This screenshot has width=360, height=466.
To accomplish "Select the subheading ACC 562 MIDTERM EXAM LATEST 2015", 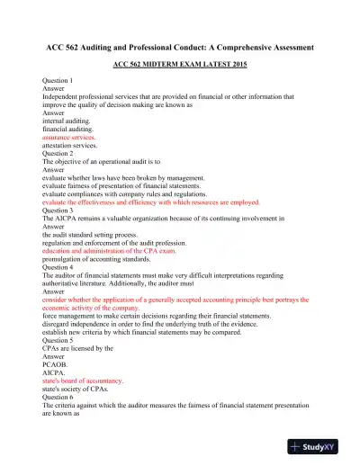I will click(x=180, y=66).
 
